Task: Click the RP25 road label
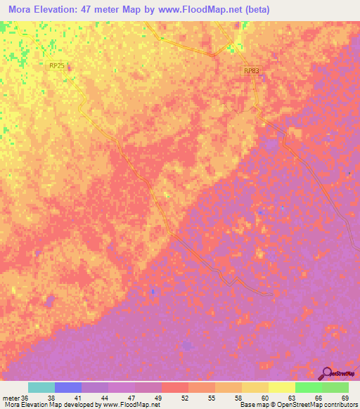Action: [x=57, y=65]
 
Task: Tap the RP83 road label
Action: [x=252, y=71]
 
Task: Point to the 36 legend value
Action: [x=26, y=397]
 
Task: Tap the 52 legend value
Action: [x=185, y=397]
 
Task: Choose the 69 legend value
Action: [x=345, y=397]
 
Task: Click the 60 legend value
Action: [x=265, y=397]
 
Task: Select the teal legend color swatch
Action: [x=41, y=387]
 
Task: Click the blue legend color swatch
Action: [x=68, y=387]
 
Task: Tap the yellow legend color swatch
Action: [x=281, y=387]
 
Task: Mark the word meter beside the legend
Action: [x=10, y=397]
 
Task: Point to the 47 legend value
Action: [x=132, y=397]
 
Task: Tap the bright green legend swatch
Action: [x=308, y=387]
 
